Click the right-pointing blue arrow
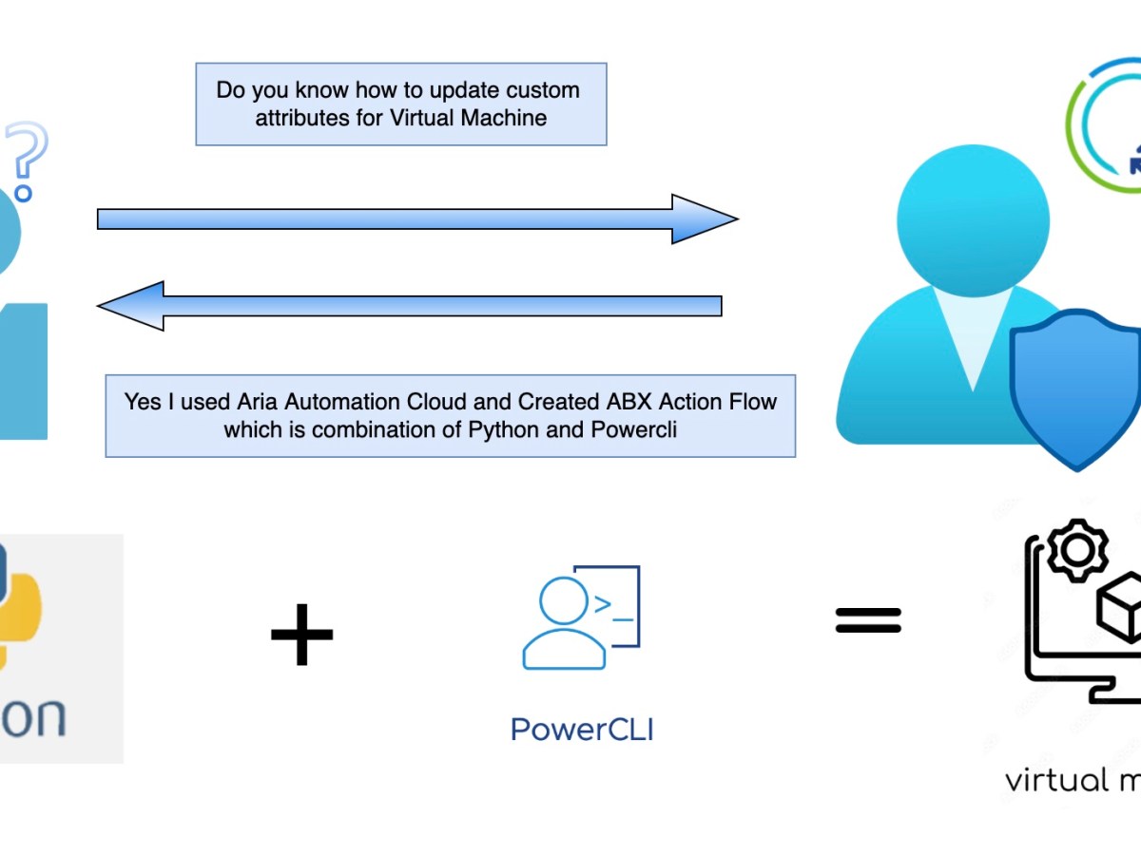coord(418,219)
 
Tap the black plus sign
coord(301,633)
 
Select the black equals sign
coord(867,620)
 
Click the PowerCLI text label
coord(582,730)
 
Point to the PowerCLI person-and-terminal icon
coord(580,618)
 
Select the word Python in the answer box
coord(503,428)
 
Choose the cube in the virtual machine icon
coord(1122,608)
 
